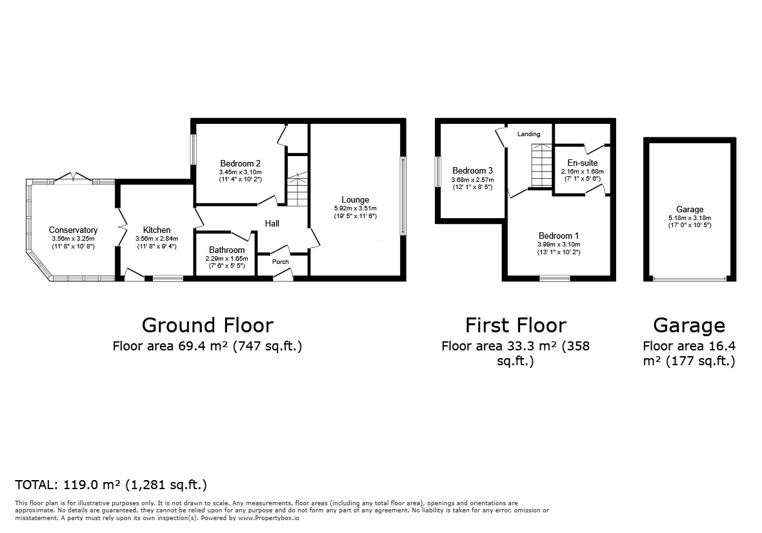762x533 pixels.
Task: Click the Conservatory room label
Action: coord(73,230)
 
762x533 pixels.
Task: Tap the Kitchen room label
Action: coord(157,230)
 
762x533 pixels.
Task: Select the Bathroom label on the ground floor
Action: coord(226,250)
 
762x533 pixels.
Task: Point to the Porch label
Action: coord(281,262)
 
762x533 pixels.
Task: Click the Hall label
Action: coord(272,223)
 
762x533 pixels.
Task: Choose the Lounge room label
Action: coord(356,200)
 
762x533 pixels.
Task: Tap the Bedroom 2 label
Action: coord(240,163)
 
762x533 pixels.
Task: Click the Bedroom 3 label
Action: coord(472,171)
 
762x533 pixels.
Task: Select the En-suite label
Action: coord(582,163)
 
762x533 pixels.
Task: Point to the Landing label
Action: coord(529,134)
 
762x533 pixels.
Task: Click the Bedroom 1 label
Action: coord(559,236)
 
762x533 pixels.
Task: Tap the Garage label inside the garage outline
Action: coord(689,210)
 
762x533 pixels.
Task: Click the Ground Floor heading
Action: coord(207,325)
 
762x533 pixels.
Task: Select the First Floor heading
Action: coord(516,325)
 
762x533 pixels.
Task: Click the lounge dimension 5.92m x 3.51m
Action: coord(356,208)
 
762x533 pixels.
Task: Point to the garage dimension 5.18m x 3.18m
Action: coord(689,218)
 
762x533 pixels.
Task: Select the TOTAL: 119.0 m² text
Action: coord(111,485)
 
